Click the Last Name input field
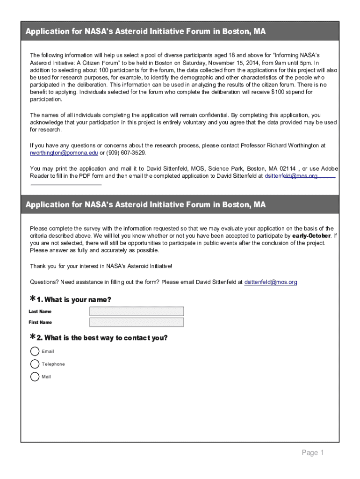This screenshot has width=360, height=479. point(137,311)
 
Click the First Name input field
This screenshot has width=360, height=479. point(137,322)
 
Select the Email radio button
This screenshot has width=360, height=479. point(35,351)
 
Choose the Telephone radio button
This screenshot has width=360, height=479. point(35,364)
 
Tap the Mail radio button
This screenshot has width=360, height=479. point(35,377)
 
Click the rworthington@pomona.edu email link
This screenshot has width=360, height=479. point(64,153)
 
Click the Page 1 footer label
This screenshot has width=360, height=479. point(313,452)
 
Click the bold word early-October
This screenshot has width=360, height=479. point(311,236)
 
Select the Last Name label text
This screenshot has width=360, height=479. point(40,312)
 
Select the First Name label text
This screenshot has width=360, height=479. point(40,322)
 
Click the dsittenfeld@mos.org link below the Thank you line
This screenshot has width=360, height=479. point(271,282)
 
